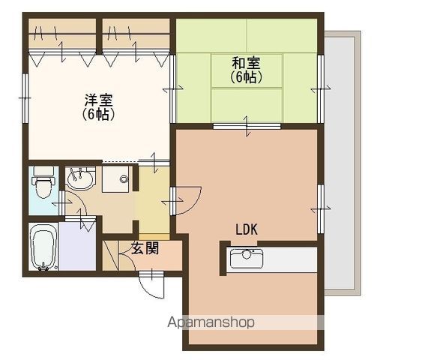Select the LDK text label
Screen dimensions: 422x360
pyautogui.click(x=247, y=229)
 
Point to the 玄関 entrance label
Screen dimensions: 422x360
pyautogui.click(x=145, y=248)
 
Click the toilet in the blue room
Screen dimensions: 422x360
pyautogui.click(x=43, y=182)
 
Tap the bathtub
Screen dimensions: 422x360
pyautogui.click(x=43, y=247)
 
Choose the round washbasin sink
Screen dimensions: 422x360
pyautogui.click(x=80, y=178)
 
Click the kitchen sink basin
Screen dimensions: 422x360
pyautogui.click(x=247, y=259)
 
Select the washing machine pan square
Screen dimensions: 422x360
pyautogui.click(x=115, y=179)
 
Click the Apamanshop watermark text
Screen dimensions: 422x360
pyautogui.click(x=211, y=322)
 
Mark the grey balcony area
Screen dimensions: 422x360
pyautogui.click(x=342, y=163)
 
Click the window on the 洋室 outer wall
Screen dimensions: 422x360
pyautogui.click(x=25, y=98)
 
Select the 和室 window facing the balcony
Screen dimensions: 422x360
pyautogui.click(x=320, y=88)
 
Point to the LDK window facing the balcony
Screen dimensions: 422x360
pyautogui.click(x=320, y=208)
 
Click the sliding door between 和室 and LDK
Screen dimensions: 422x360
pyautogui.click(x=247, y=126)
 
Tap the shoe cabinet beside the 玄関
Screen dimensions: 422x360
pyautogui.click(x=110, y=256)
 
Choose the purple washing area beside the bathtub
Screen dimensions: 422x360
pyautogui.click(x=77, y=247)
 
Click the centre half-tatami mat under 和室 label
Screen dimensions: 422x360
pyautogui.click(x=247, y=70)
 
